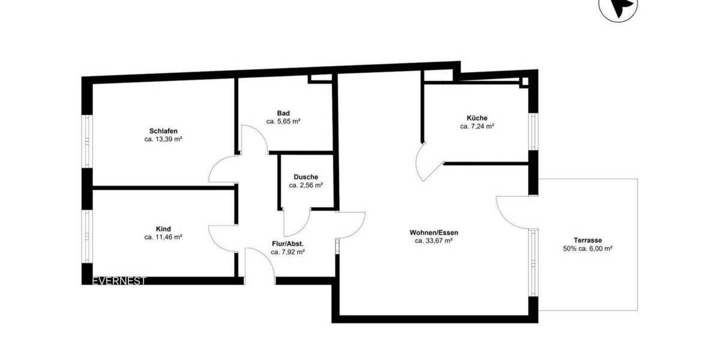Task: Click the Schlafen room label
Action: tap(163, 131)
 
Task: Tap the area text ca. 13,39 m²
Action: tap(163, 139)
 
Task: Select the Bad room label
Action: tap(283, 113)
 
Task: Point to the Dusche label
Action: tap(306, 177)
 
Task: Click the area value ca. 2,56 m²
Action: tap(306, 185)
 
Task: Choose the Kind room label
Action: tap(163, 229)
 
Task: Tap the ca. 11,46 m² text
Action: tap(163, 237)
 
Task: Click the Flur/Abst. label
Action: tap(287, 244)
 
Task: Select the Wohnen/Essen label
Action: tap(434, 233)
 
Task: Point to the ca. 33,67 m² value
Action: tap(434, 241)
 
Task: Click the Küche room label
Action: tap(477, 118)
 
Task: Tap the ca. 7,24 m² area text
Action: tap(477, 127)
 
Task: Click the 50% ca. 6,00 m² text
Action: tap(587, 248)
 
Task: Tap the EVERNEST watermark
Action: tap(119, 281)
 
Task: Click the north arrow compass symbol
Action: tap(618, 7)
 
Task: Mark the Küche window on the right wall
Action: tap(532, 131)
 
